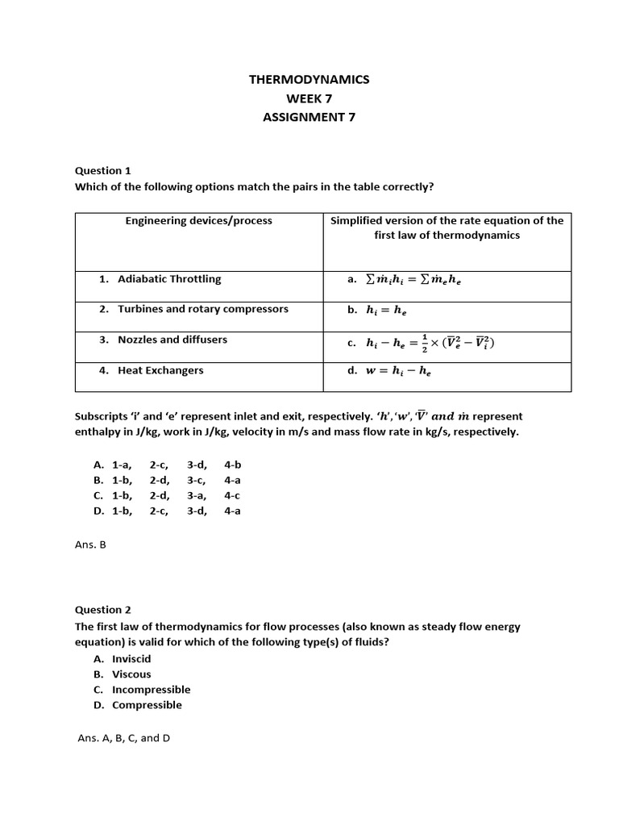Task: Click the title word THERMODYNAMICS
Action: (309, 79)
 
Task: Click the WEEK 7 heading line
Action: (309, 98)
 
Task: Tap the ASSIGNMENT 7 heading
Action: (309, 117)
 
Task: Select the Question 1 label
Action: (102, 170)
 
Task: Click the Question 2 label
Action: (102, 610)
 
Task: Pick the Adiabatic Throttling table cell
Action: (169, 279)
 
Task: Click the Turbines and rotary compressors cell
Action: (202, 309)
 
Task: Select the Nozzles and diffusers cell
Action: (172, 340)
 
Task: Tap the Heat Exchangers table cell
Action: (160, 370)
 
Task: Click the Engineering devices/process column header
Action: (198, 220)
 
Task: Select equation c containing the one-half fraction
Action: (428, 342)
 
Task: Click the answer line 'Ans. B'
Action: (90, 544)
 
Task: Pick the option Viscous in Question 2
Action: (131, 674)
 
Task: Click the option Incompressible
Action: (151, 690)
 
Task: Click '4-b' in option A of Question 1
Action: (232, 465)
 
